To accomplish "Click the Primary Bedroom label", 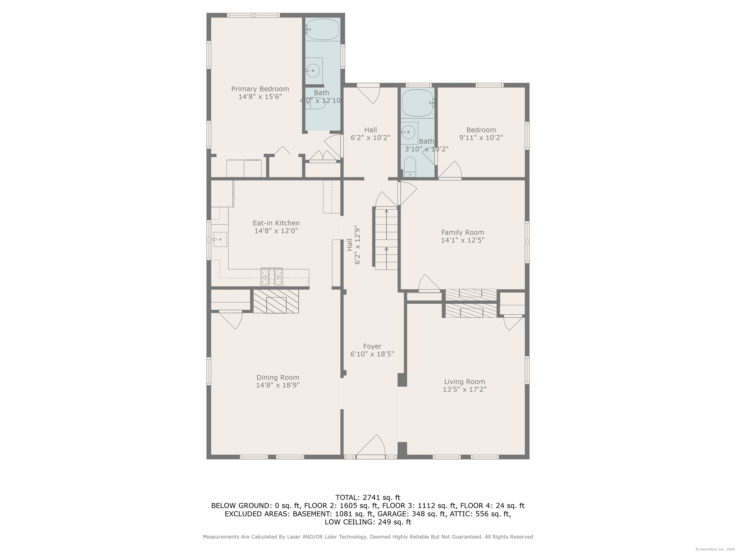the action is click(260, 89).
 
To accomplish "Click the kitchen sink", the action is click(220, 239).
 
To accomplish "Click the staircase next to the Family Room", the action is click(386, 238).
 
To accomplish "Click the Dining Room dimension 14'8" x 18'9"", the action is click(278, 385).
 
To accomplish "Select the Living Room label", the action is click(465, 382).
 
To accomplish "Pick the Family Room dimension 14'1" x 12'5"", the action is click(462, 240).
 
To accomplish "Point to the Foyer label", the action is click(372, 346).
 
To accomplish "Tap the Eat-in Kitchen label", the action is click(276, 223).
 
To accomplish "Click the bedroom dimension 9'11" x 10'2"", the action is click(481, 138).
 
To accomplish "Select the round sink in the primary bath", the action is click(313, 70).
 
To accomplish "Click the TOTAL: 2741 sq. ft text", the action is click(368, 497).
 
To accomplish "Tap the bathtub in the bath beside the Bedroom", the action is click(418, 103).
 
